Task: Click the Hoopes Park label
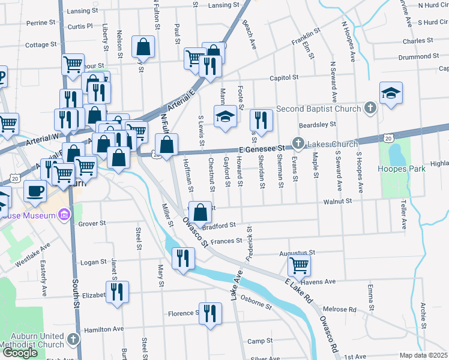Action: (x=402, y=169)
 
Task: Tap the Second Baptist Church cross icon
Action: (x=371, y=109)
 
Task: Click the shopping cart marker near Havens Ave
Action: (x=299, y=264)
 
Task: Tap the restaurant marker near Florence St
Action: (x=209, y=313)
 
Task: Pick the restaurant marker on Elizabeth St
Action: (x=116, y=292)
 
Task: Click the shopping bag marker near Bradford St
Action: (x=200, y=212)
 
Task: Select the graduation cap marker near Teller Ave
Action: (x=391, y=93)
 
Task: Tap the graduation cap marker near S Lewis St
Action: (x=225, y=116)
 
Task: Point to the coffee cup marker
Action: (x=35, y=191)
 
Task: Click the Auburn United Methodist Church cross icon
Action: (x=73, y=340)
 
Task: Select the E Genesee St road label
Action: (x=261, y=148)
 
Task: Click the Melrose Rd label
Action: (x=343, y=310)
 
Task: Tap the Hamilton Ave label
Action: (x=104, y=329)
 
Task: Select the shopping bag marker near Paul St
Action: (x=143, y=47)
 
